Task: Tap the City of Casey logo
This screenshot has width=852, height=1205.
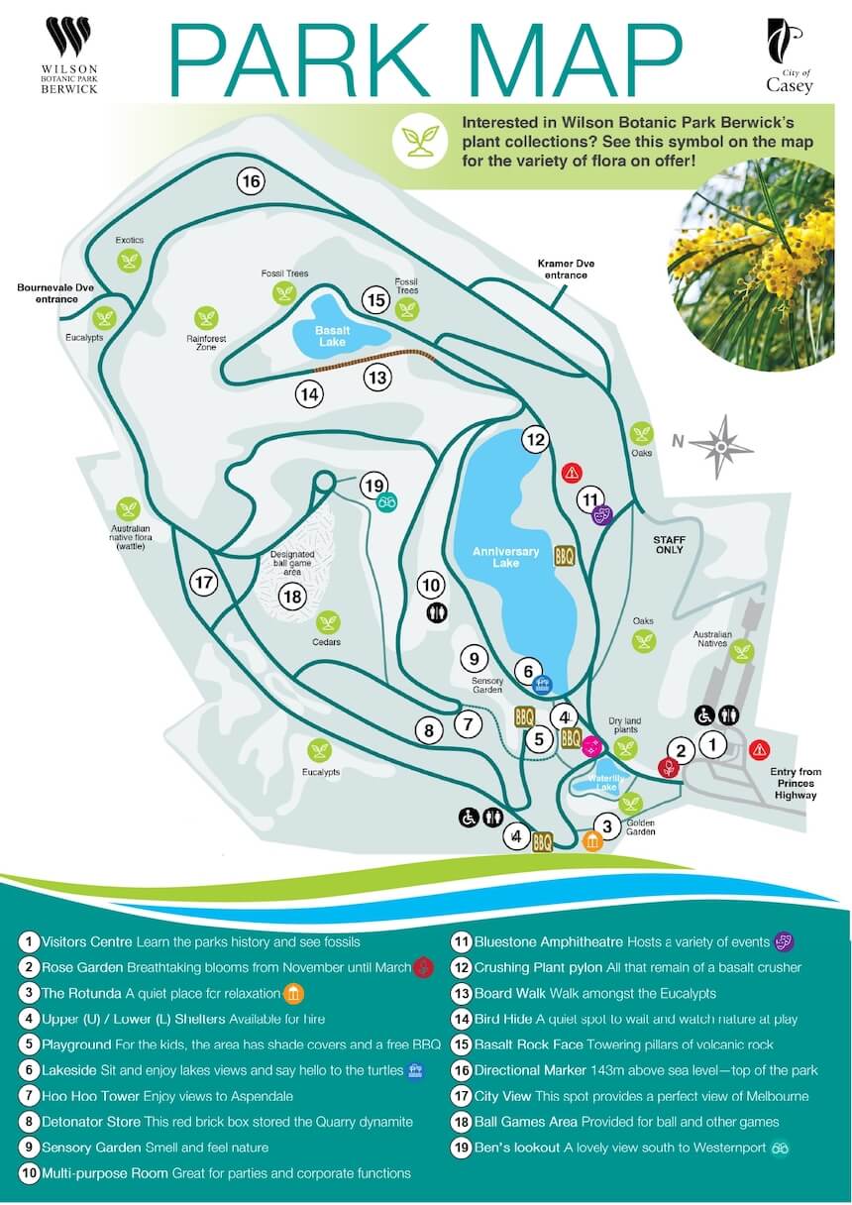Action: pos(789,55)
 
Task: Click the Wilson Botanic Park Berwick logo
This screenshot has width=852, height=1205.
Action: pos(69,55)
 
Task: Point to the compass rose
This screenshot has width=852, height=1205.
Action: pos(723,447)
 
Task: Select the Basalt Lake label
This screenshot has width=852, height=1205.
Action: pos(328,335)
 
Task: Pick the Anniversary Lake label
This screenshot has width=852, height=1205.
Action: pos(506,557)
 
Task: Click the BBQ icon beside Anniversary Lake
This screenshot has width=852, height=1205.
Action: pos(564,556)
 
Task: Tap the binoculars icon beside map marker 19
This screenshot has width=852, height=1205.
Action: pos(387,502)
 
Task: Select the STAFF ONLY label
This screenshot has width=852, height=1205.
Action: pos(669,544)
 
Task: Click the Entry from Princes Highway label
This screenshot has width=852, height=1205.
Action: pos(797,783)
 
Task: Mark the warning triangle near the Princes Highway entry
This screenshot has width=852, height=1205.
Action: pos(760,749)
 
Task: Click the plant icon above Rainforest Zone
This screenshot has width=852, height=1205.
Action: pos(206,317)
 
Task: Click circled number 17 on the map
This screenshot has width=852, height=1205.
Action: pos(204,583)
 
